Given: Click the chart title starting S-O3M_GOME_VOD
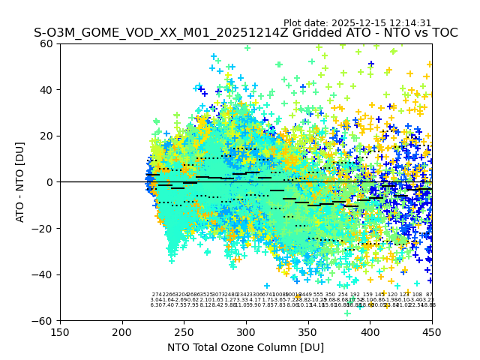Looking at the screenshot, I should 245,33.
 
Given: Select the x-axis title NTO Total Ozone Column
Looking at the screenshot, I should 245,347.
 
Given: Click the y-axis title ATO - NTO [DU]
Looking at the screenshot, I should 20,182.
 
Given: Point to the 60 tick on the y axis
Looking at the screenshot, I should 47,43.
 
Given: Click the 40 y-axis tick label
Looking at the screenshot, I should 47,90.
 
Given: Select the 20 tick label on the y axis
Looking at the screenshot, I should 47,136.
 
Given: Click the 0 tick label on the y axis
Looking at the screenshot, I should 50,182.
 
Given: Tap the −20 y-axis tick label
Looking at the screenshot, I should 44,228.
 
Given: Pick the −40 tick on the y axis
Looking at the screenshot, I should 44,274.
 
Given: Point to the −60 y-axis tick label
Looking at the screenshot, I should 44,320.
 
